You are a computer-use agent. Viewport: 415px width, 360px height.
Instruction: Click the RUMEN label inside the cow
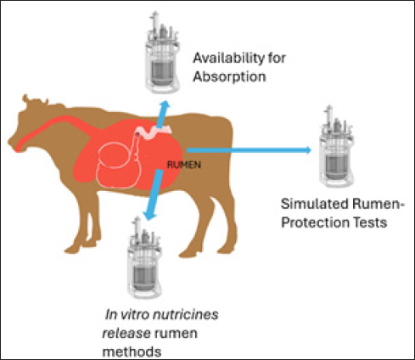[184, 165]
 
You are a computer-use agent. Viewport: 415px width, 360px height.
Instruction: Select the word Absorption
[229, 76]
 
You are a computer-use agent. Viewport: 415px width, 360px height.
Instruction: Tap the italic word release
[126, 333]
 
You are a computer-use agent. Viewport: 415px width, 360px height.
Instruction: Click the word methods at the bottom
[132, 352]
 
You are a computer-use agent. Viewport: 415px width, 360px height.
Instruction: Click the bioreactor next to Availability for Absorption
[162, 53]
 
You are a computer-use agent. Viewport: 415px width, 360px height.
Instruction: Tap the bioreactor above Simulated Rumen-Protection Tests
[336, 146]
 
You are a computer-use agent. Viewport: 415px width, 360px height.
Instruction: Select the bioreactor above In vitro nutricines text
[144, 257]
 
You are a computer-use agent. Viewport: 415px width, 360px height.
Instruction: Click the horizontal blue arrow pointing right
[249, 150]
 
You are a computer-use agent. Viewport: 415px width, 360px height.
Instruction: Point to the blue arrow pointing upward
[163, 114]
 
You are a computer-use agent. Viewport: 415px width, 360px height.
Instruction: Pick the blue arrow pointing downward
[153, 194]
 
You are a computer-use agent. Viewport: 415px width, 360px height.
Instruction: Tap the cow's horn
[25, 98]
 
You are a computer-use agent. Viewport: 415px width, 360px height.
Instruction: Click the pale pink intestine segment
[154, 132]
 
